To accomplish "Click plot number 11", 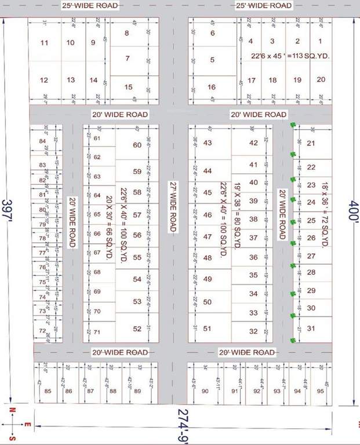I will pyautogui.click(x=44, y=43).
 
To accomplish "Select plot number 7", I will pyautogui.click(x=128, y=58).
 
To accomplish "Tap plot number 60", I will pyautogui.click(x=137, y=145).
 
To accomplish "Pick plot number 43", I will pyautogui.click(x=208, y=143).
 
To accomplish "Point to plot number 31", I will pyautogui.click(x=311, y=329).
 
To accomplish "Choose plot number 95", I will pyautogui.click(x=319, y=391).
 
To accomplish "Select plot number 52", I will pyautogui.click(x=137, y=329).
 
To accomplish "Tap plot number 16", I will pyautogui.click(x=212, y=87).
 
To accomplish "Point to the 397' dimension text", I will pyautogui.click(x=8, y=208).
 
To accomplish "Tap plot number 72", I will pyautogui.click(x=42, y=331).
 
